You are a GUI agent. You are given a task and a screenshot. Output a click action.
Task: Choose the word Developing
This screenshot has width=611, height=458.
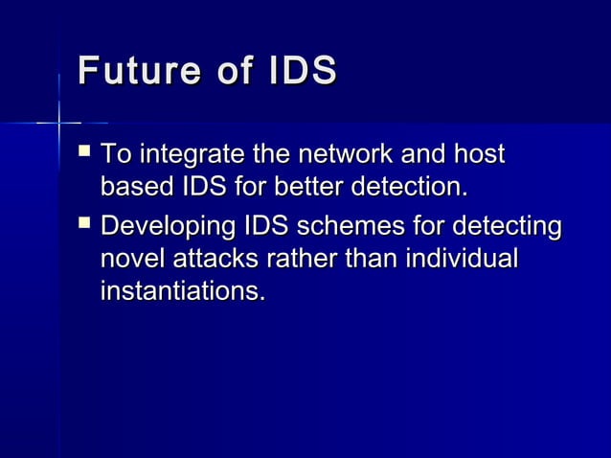click(x=168, y=230)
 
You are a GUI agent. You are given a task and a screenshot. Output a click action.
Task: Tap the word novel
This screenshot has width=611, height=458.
click(x=129, y=260)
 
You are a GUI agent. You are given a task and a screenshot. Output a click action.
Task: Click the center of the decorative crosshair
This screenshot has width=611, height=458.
click(x=59, y=123)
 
